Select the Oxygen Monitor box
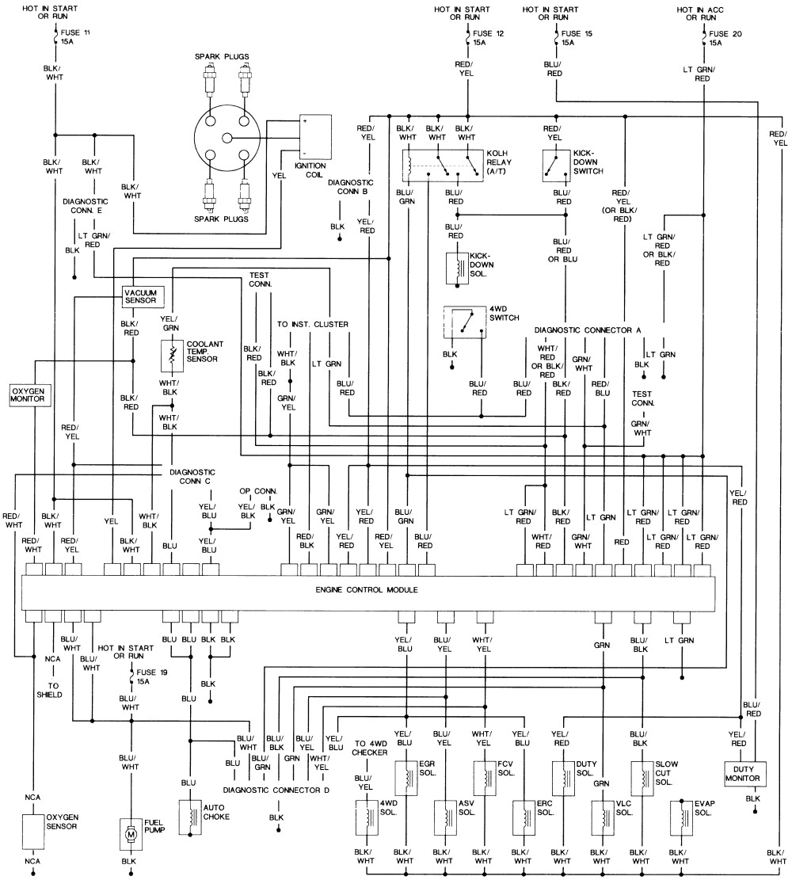[30, 395]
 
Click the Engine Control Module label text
[366, 590]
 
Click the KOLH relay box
[441, 166]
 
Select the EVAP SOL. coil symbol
[680, 817]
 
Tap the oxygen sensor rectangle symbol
[33, 831]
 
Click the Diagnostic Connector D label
[276, 790]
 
